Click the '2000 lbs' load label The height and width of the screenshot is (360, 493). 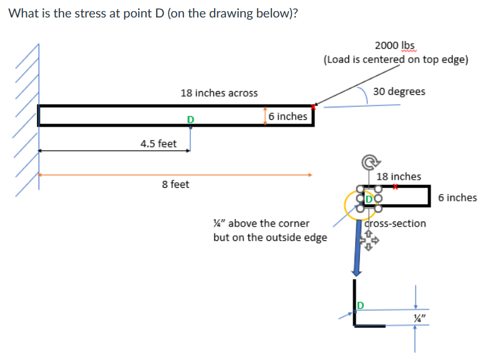(x=394, y=46)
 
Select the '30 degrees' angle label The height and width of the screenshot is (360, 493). (x=399, y=91)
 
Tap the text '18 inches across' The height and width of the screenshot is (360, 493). (x=218, y=93)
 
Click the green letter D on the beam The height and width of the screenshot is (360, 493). (x=190, y=119)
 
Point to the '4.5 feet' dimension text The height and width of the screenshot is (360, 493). (x=158, y=144)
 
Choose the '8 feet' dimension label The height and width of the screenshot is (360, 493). (x=175, y=185)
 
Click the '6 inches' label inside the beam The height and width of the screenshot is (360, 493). (x=288, y=116)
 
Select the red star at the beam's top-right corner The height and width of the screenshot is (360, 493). (x=314, y=107)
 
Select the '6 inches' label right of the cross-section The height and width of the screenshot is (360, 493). (x=457, y=198)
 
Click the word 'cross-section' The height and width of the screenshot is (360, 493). (x=395, y=223)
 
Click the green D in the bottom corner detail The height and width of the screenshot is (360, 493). (x=360, y=305)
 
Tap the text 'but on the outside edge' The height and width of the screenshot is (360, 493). (x=270, y=237)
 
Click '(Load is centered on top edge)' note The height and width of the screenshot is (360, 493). (x=396, y=59)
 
